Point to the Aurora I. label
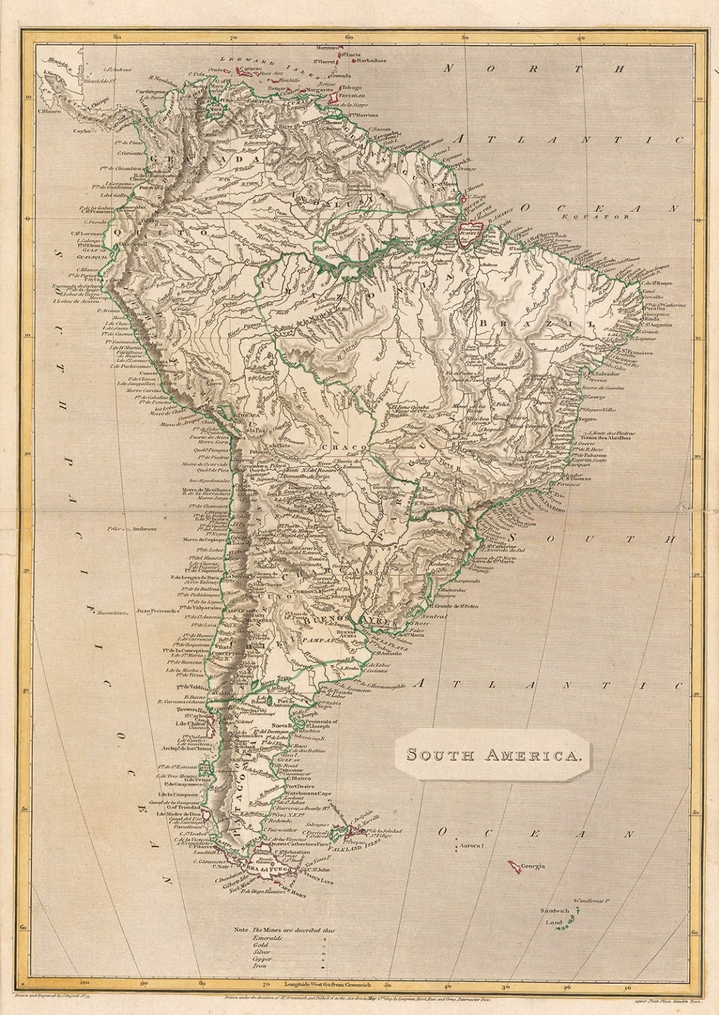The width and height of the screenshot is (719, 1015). [x=473, y=846]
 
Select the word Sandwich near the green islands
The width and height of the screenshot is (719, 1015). [x=555, y=910]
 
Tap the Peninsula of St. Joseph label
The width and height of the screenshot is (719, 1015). [x=341, y=725]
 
